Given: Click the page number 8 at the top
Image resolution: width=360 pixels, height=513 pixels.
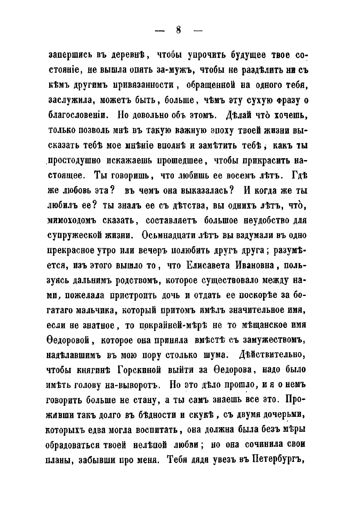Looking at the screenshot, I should [178, 31].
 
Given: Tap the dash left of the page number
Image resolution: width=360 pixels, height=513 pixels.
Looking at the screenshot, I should [159, 31].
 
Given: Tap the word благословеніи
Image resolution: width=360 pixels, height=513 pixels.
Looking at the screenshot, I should [77, 115].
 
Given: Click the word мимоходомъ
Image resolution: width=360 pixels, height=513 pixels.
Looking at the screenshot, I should [76, 220].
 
